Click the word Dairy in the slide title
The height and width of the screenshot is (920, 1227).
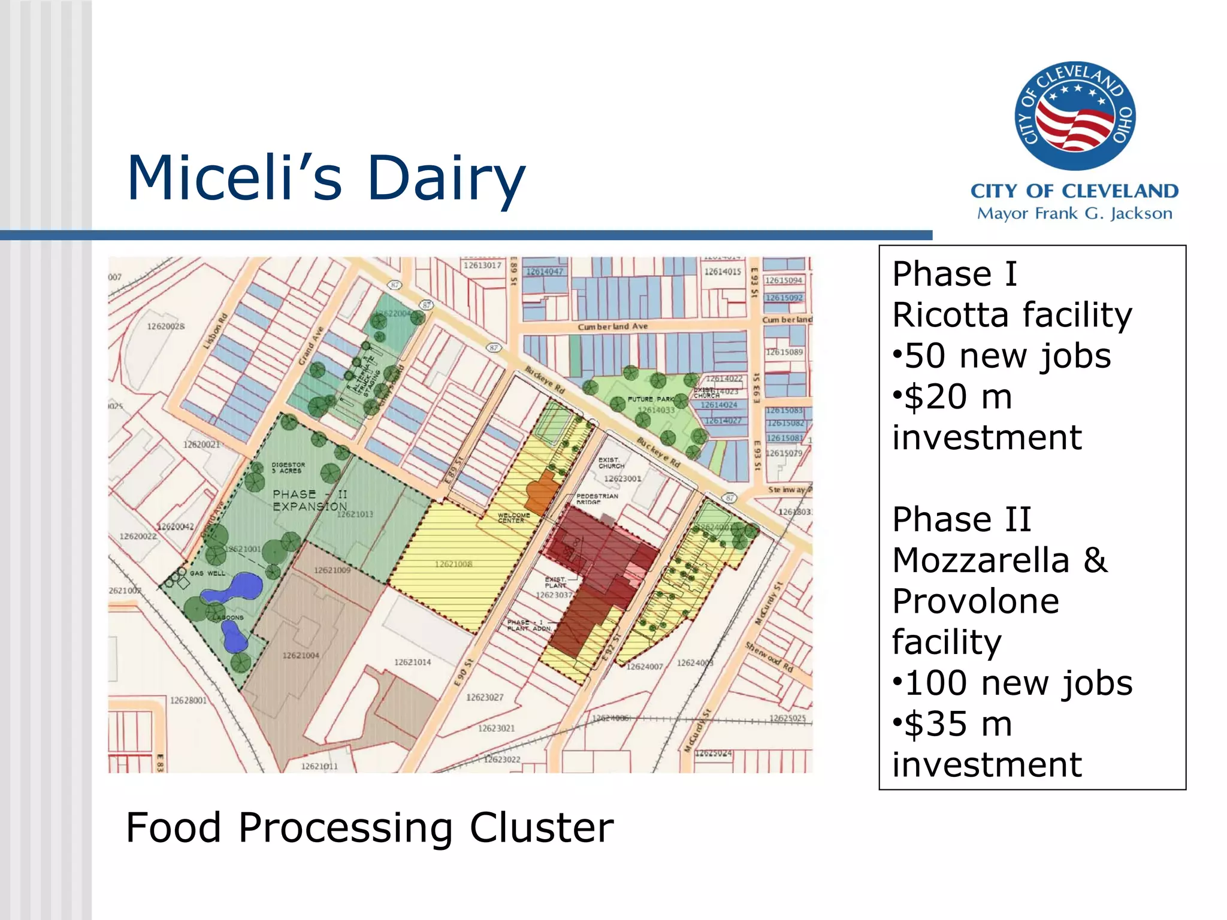click(446, 178)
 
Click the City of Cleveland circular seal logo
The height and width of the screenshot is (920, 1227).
click(1075, 116)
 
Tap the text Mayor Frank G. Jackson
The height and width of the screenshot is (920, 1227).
click(1074, 213)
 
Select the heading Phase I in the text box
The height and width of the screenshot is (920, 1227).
click(954, 274)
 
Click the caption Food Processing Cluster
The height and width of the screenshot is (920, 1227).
click(369, 828)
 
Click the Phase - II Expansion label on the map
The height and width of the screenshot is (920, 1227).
click(309, 500)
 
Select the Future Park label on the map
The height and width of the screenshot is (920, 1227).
click(651, 399)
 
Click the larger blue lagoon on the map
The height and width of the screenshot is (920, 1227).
click(234, 588)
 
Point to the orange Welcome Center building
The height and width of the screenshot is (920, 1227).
click(542, 492)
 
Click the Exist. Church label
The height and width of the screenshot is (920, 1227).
click(611, 462)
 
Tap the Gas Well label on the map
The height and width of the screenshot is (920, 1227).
click(207, 573)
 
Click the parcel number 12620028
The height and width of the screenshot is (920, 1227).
click(166, 326)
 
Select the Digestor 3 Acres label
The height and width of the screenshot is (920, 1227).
click(288, 467)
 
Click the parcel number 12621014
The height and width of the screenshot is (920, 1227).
click(412, 662)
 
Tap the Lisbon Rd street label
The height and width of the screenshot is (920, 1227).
click(216, 331)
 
